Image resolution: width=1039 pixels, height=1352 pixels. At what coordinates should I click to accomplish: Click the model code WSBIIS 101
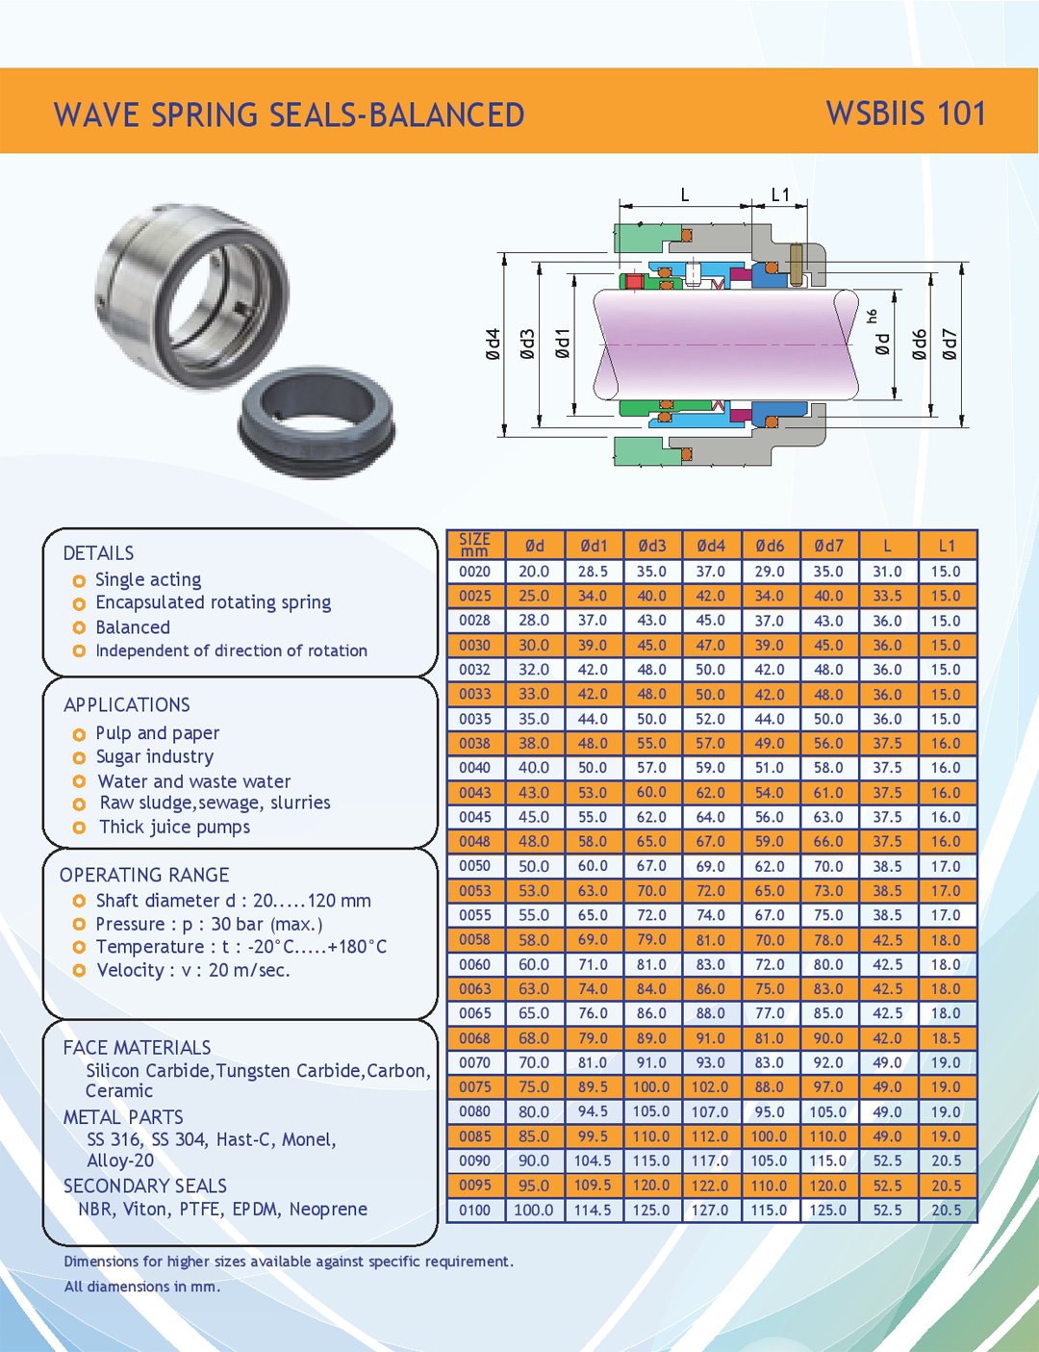click(905, 114)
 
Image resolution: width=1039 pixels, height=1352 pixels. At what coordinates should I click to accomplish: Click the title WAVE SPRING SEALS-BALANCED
click(289, 115)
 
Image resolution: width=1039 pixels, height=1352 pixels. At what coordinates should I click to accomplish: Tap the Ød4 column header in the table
click(711, 546)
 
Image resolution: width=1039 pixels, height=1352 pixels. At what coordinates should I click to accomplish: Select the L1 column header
click(947, 546)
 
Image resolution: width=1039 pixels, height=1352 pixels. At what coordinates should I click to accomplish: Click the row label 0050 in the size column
click(474, 866)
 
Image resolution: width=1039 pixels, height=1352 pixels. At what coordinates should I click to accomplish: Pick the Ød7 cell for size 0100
click(828, 1210)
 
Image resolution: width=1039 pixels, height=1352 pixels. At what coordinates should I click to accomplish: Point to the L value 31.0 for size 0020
click(887, 572)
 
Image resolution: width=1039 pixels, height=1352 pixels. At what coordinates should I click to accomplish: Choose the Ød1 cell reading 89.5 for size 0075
click(593, 1087)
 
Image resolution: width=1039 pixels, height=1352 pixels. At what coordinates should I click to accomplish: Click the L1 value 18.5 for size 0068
click(946, 1038)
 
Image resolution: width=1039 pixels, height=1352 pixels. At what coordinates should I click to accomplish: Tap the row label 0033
click(474, 694)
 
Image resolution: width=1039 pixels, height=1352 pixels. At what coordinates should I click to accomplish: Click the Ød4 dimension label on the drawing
click(493, 344)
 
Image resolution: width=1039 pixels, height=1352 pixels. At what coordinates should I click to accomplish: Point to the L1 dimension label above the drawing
click(780, 195)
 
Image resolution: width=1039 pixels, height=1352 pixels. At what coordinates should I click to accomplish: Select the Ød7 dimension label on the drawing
click(950, 344)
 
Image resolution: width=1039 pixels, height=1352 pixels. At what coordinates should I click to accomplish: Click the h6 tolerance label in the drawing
click(872, 316)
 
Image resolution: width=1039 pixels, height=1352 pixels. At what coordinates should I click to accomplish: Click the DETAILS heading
click(98, 553)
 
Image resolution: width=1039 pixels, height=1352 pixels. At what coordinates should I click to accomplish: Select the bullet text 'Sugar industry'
click(154, 757)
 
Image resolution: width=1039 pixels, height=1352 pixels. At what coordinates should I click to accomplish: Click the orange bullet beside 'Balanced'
click(79, 628)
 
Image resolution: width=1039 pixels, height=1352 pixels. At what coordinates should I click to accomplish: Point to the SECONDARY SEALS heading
click(145, 1186)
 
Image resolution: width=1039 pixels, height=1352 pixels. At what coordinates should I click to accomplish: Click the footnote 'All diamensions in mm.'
click(141, 1287)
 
